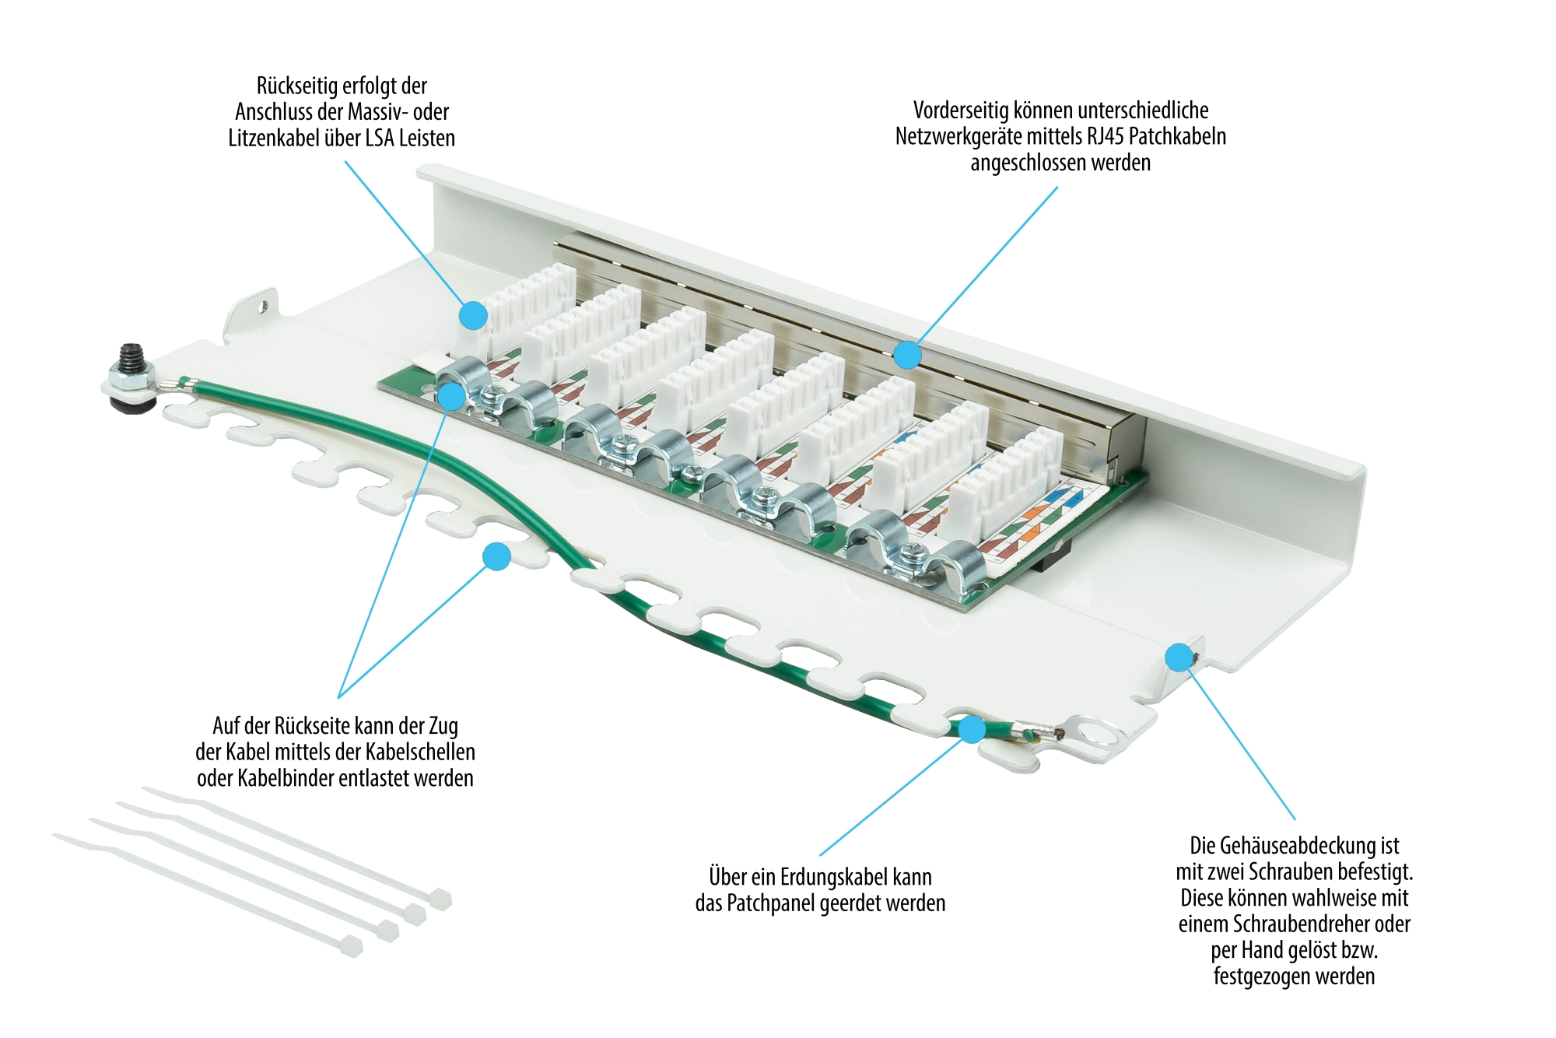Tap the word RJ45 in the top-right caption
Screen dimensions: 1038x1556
1105,137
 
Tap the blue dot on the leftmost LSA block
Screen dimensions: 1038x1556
473,316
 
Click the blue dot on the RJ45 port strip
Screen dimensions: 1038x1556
907,355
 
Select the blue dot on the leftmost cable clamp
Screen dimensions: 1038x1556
451,397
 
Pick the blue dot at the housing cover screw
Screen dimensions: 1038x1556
1179,658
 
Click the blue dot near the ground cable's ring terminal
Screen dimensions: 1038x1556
972,730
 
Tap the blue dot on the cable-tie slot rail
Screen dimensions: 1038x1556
496,556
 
